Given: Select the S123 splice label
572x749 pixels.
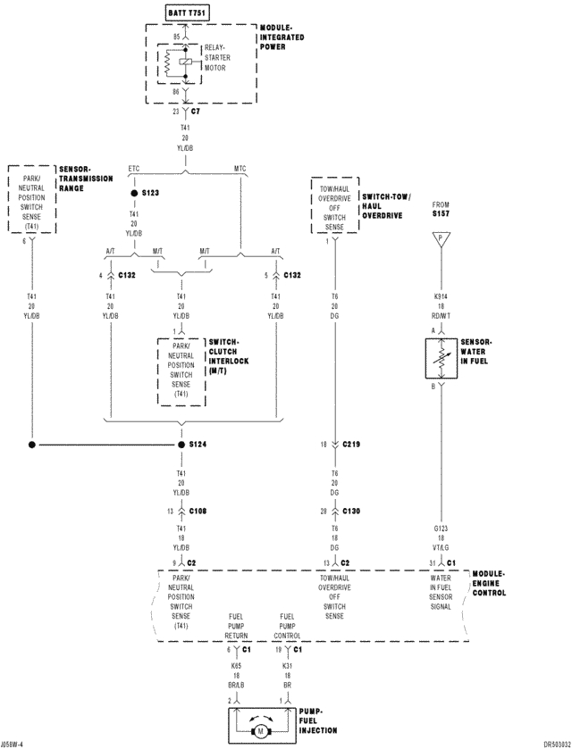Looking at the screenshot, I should pyautogui.click(x=150, y=193).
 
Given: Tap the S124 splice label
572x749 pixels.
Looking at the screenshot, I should pyautogui.click(x=197, y=444).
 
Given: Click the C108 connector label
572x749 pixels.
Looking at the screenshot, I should pyautogui.click(x=198, y=512).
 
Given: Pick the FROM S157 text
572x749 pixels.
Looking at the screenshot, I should pyautogui.click(x=440, y=209).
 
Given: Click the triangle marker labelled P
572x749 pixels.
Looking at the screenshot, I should pyautogui.click(x=440, y=239).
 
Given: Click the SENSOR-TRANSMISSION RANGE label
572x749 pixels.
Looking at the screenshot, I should pyautogui.click(x=86, y=179).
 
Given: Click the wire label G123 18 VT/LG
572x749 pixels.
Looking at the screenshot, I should pyautogui.click(x=440, y=538).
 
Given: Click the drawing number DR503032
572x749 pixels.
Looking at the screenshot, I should pyautogui.click(x=548, y=743).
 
